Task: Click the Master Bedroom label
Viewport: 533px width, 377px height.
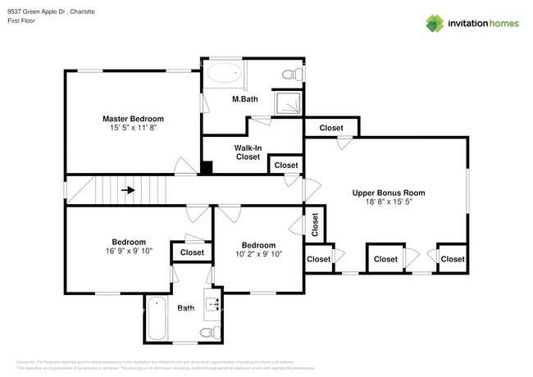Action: (132, 118)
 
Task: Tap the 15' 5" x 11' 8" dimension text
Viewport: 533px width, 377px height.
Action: (132, 128)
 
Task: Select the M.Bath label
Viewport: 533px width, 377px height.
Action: (245, 99)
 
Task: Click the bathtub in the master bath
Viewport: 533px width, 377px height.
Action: (225, 75)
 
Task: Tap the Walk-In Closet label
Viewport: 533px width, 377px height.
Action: (248, 152)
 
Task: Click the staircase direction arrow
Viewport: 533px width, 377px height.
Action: (127, 190)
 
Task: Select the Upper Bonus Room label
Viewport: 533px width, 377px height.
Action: (389, 193)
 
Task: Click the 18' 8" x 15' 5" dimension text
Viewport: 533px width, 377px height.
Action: (389, 202)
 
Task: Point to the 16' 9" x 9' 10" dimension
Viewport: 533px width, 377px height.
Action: (129, 252)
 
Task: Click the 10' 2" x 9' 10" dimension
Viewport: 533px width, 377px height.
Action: (257, 254)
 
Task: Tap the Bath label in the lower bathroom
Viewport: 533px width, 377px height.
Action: (185, 308)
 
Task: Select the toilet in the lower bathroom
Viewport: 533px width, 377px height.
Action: (208, 331)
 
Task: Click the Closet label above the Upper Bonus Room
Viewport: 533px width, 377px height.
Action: (331, 128)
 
